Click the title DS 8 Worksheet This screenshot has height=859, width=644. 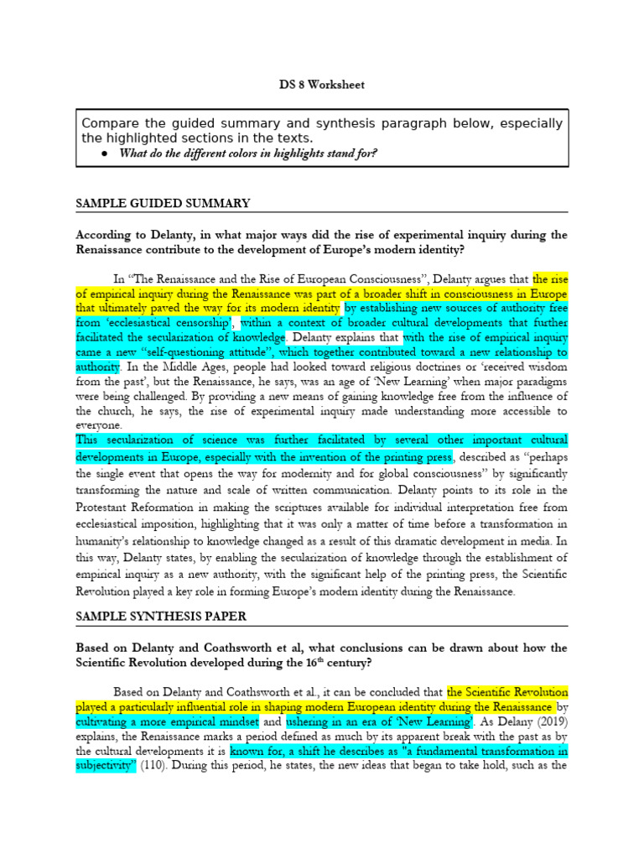point(322,85)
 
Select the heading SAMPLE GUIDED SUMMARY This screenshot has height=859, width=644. point(163,204)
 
